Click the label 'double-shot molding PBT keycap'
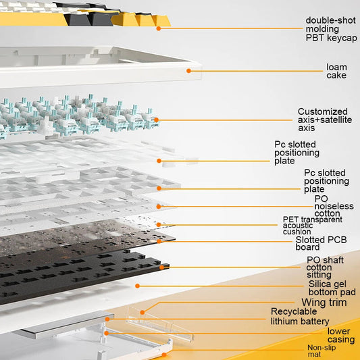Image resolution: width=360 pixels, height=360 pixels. (x=331, y=29)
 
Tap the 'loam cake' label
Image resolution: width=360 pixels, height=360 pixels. (x=336, y=71)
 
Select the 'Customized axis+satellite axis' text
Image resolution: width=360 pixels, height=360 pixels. (x=325, y=120)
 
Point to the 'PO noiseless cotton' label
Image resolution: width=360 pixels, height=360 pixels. (x=334, y=206)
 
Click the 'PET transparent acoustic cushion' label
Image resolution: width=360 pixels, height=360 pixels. (x=313, y=226)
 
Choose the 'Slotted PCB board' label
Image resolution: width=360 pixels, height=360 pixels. (x=321, y=243)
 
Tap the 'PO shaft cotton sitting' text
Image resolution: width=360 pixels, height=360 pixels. (x=325, y=267)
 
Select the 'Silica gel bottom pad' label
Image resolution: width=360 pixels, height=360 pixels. (x=332, y=288)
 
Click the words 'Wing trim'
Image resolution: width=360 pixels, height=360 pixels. (x=324, y=303)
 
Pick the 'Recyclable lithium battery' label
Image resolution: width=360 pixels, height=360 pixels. (x=300, y=316)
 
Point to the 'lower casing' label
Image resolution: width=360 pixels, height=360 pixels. (x=341, y=335)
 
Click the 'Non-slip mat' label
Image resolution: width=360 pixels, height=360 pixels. (x=322, y=351)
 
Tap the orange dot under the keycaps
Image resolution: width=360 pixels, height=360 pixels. (x=159, y=28)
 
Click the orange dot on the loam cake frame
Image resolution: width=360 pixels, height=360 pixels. (x=188, y=71)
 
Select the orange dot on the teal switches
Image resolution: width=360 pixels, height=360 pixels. (x=156, y=120)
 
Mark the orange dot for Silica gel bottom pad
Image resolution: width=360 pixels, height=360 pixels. (x=137, y=286)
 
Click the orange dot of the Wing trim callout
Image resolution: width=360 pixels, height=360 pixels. (x=143, y=312)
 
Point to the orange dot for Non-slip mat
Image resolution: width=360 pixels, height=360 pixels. (x=164, y=355)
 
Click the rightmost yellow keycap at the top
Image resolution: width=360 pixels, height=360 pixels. (x=161, y=21)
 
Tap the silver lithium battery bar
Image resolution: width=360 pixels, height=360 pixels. (x=64, y=324)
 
